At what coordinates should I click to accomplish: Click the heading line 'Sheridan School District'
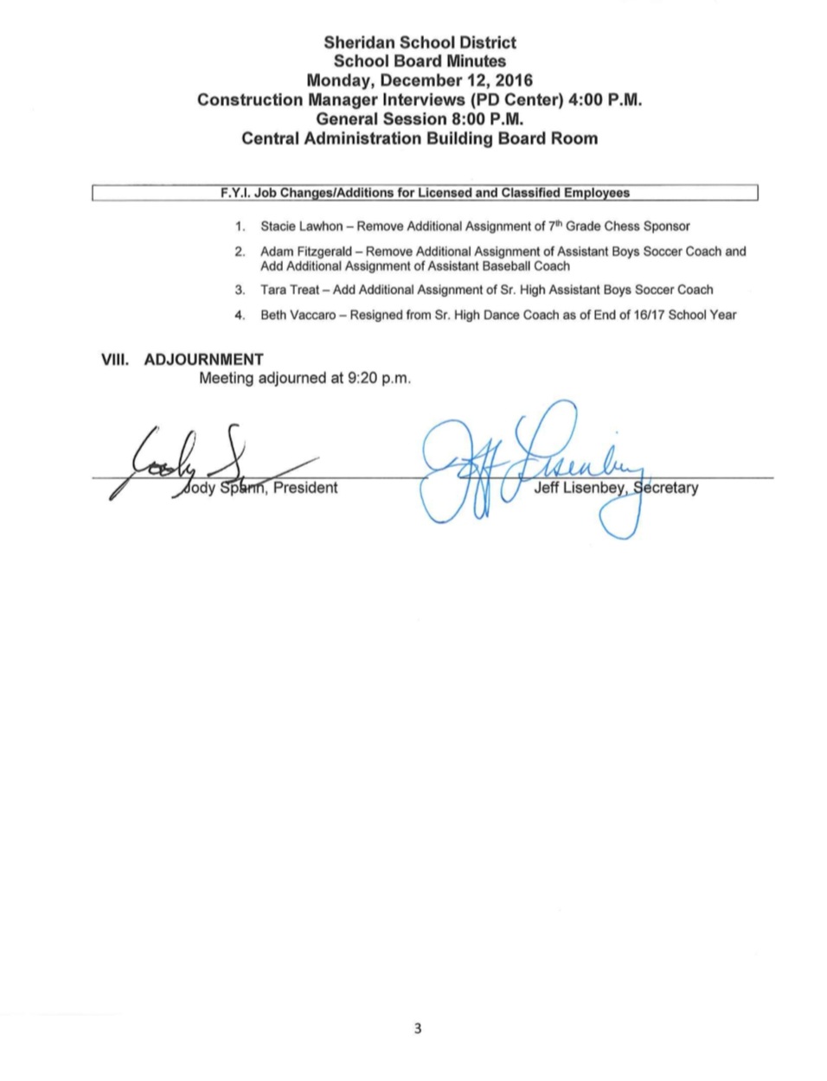[x=420, y=42]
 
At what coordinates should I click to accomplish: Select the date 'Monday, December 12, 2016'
[x=420, y=80]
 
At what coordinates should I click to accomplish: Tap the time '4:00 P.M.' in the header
[x=605, y=99]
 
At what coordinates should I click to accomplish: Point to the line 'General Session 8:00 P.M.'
[x=420, y=118]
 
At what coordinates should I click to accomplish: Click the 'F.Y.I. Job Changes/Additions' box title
[x=424, y=193]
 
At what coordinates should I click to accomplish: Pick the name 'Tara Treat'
[x=290, y=290]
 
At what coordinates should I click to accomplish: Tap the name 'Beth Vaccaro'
[x=298, y=315]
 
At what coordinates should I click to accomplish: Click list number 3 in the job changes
[x=240, y=290]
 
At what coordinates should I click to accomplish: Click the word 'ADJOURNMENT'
[x=203, y=360]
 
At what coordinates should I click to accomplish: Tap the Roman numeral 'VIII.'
[x=115, y=360]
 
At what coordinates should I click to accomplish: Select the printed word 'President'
[x=305, y=488]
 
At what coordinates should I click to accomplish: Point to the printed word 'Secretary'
[x=666, y=488]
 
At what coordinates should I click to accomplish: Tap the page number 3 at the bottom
[x=418, y=1028]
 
